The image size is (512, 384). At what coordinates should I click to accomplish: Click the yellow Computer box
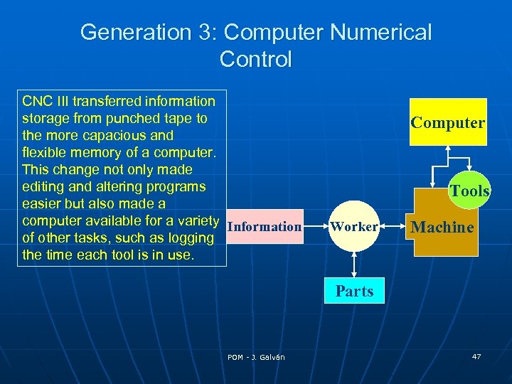448,122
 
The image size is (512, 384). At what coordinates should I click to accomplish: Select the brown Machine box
442,228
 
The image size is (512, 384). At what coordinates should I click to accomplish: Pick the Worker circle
354,227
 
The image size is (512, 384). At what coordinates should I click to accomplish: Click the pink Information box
265,227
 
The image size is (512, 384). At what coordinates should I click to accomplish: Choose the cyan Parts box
354,292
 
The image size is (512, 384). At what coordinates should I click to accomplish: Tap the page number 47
476,356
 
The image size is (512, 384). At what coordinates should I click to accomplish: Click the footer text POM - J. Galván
256,357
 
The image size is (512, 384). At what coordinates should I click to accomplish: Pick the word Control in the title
256,59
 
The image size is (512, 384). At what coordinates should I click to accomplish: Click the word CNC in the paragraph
36,101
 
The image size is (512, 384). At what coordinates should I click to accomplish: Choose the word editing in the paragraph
45,186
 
